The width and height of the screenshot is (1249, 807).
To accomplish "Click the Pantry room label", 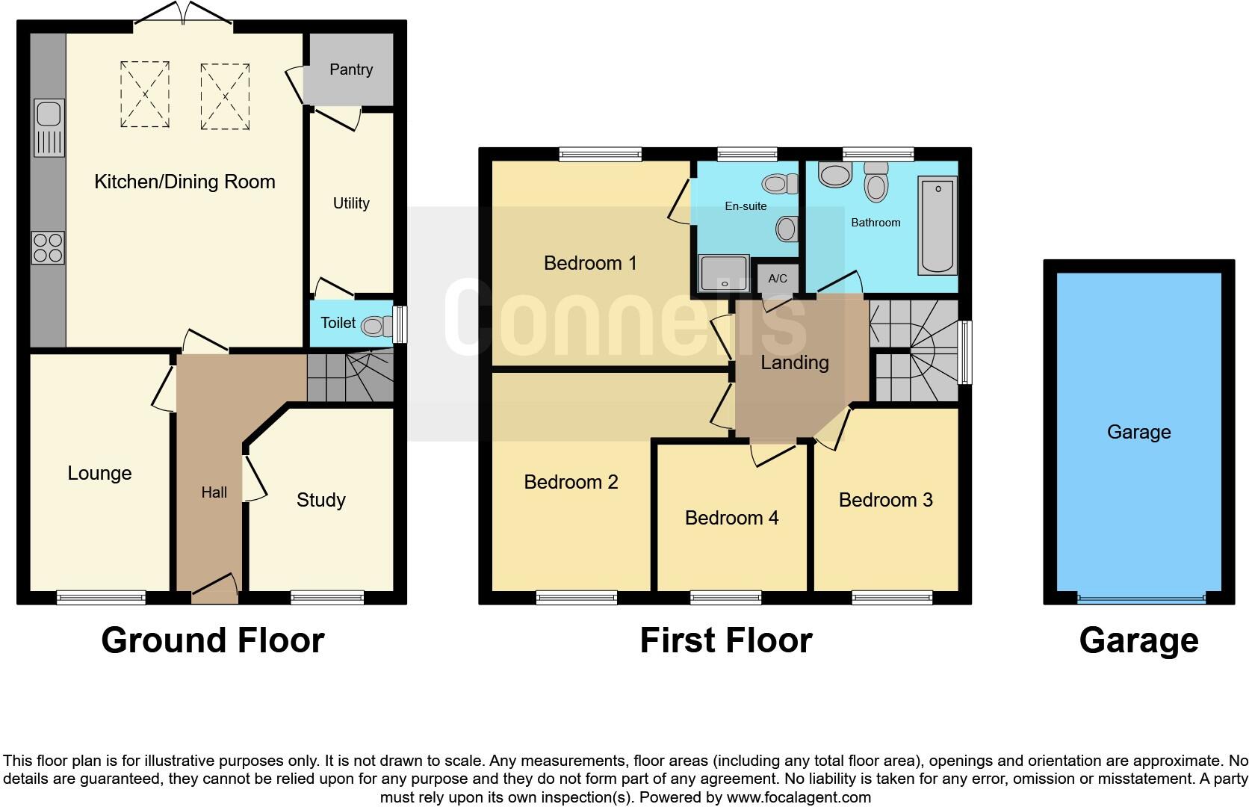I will [350, 69].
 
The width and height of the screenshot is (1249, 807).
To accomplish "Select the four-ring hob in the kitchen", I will [48, 248].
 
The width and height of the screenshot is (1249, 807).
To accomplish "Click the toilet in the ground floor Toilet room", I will [376, 326].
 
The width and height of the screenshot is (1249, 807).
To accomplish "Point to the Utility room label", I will [350, 203].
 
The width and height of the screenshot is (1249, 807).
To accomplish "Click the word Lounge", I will [99, 473].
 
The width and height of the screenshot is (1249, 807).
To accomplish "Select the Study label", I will [320, 500].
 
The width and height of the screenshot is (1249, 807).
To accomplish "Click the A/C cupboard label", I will [778, 279].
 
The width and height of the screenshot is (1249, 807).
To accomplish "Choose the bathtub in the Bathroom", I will [937, 225].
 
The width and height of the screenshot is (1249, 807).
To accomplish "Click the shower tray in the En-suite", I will [723, 273].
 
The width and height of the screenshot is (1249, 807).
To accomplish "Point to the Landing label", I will [794, 362].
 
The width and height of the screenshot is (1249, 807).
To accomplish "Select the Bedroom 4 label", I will [731, 518].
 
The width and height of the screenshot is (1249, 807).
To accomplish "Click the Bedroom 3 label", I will [885, 500].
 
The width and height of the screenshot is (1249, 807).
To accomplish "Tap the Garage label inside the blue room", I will [1138, 432].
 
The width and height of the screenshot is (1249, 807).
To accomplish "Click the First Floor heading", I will [725, 640].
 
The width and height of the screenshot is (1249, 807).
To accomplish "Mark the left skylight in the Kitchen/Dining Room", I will [145, 95].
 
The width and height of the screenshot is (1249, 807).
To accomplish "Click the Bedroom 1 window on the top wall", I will [600, 155].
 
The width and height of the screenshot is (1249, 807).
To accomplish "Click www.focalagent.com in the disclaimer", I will [798, 797].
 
